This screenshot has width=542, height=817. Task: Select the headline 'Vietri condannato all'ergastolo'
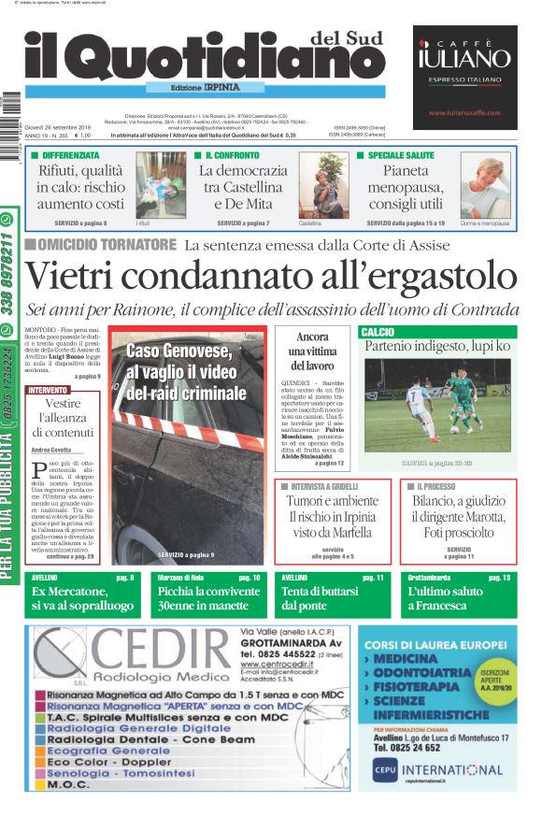click(270, 276)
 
